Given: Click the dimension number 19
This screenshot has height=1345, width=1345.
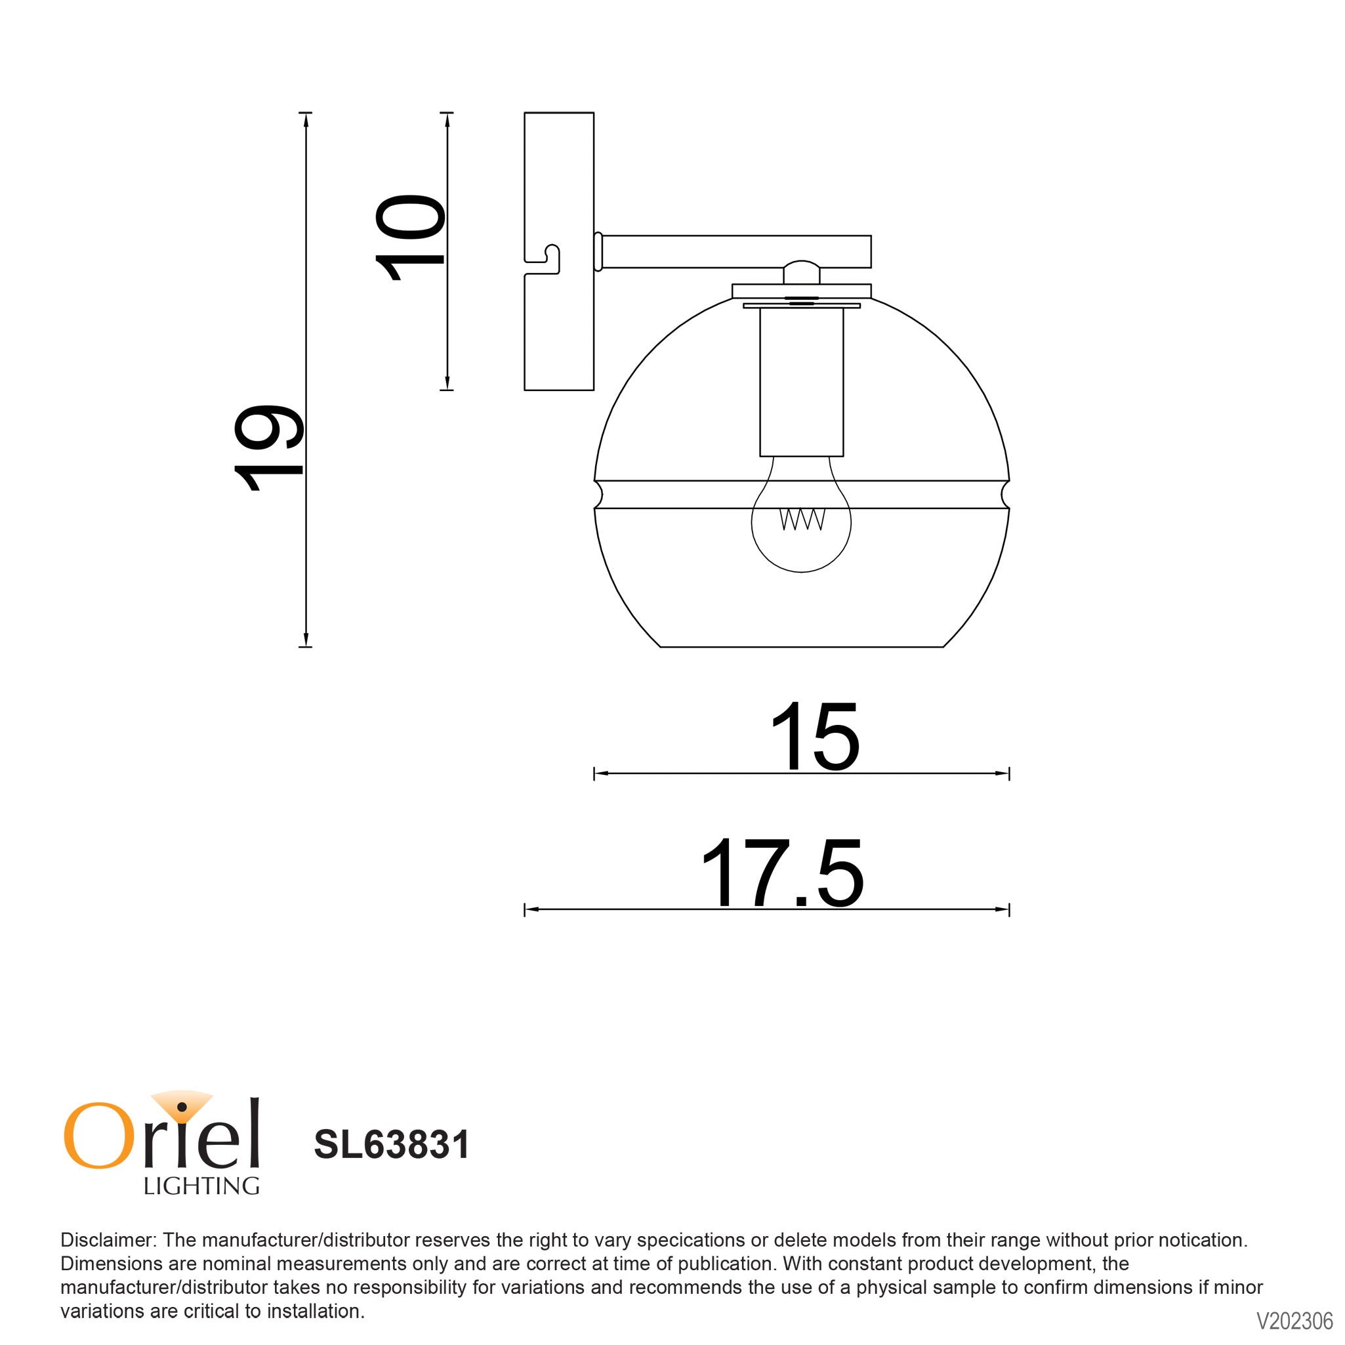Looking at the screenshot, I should point(269,447).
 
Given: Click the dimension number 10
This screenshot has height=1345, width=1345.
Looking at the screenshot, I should point(409,238).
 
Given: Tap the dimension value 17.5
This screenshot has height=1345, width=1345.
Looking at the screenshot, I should point(782,874).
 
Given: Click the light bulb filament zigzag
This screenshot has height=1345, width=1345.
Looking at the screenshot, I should point(802,520).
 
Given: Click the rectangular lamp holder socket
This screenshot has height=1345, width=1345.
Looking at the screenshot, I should point(801,381).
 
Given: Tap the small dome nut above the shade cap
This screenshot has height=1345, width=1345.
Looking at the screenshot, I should point(801,272).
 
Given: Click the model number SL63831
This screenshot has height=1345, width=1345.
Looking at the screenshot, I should point(392,1144).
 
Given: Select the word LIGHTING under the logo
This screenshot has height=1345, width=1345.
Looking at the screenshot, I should point(201,1186).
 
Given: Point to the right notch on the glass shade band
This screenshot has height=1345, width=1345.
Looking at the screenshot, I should point(1005,494).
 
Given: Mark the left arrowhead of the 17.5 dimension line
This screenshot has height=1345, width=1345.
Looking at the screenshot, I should point(529,909).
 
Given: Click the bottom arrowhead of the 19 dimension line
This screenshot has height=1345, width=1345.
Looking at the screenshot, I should point(305,641).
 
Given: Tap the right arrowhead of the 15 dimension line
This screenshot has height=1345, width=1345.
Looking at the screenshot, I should point(1003,773).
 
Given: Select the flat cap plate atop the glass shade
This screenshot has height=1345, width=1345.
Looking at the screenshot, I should point(801,290).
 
